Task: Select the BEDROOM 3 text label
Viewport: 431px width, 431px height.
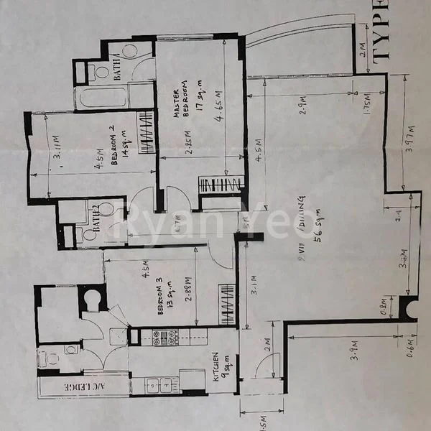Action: pos(159,296)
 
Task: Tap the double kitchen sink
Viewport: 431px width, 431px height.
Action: pos(158,385)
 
